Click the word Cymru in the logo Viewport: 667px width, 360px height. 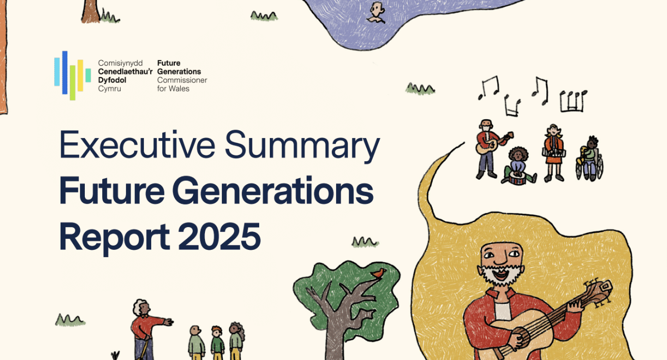coord(110,89)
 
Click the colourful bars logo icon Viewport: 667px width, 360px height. coord(72,75)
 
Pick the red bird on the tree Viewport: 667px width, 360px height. coord(378,273)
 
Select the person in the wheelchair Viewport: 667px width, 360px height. coord(590,158)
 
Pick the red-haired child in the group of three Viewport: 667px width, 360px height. coord(217,342)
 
